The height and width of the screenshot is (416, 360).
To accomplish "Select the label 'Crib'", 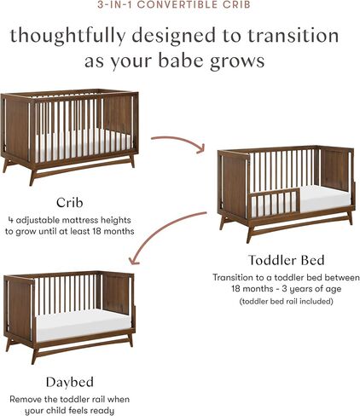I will click(70, 202).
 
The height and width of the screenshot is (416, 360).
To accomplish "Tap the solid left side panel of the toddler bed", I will click(233, 188).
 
